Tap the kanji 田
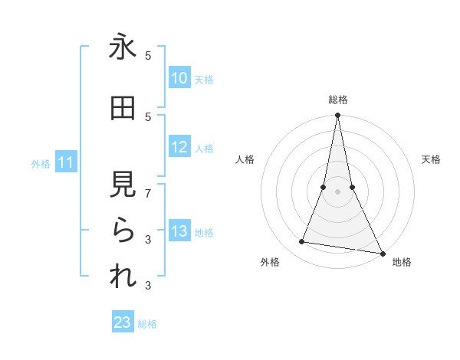tap(123, 109)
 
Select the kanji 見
tap(123, 185)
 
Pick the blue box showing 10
tap(179, 78)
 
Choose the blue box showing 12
tap(179, 148)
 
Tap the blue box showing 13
tap(179, 232)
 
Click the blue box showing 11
tap(66, 162)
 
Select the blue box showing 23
tap(123, 322)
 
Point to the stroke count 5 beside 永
tap(149, 55)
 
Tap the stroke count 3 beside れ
tap(149, 286)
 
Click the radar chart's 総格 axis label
tap(337, 100)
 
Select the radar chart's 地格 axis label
tap(402, 262)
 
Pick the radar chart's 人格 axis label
tap(245, 159)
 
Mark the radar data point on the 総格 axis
tap(337, 116)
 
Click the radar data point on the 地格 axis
tap(382, 253)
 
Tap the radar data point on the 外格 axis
tap(301, 242)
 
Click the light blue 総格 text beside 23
tap(147, 324)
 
